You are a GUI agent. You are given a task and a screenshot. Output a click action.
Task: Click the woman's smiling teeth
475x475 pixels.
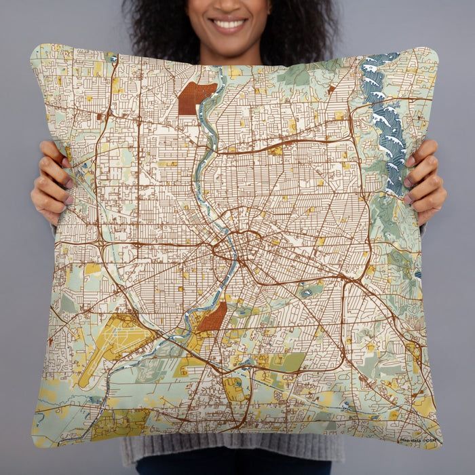[230, 24]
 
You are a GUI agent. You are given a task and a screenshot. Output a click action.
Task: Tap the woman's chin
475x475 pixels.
[230, 42]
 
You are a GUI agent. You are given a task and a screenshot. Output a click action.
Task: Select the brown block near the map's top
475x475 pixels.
[195, 97]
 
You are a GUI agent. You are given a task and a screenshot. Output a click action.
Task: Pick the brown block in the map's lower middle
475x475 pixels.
[212, 318]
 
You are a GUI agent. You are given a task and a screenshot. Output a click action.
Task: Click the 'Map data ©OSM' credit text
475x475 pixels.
[419, 440]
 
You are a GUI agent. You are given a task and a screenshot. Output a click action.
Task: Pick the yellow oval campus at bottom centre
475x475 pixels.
[235, 389]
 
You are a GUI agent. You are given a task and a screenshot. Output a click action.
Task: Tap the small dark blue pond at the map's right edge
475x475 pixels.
[418, 274]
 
